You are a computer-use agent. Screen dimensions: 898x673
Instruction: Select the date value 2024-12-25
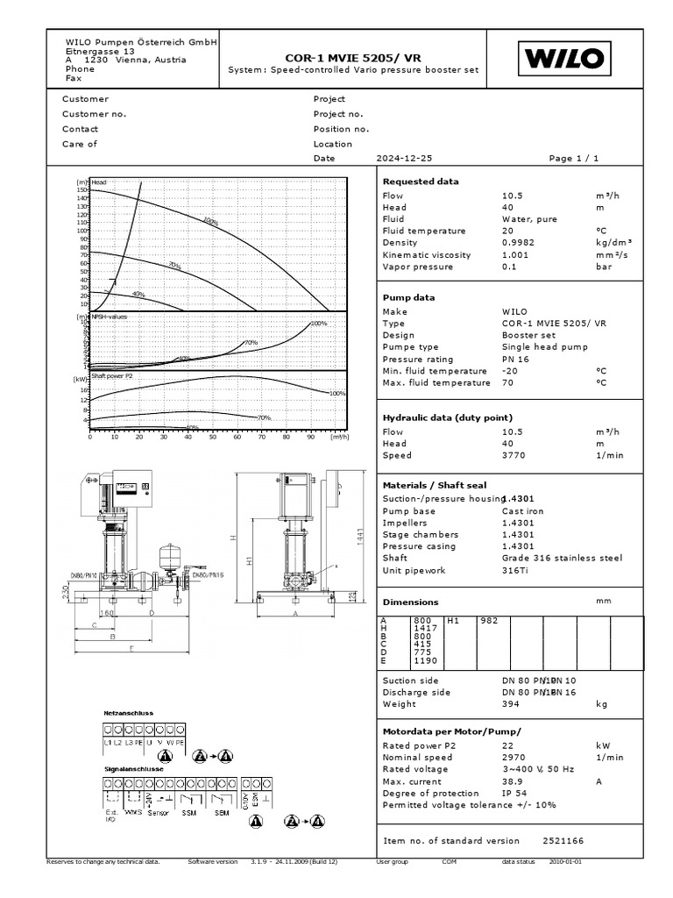click(x=405, y=159)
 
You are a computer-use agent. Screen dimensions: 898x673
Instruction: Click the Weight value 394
click(x=511, y=703)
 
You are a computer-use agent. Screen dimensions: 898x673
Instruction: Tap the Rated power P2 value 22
click(x=507, y=745)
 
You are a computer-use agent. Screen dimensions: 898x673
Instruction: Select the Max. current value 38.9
click(x=512, y=780)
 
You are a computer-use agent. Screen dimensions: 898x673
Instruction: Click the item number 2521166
click(x=563, y=840)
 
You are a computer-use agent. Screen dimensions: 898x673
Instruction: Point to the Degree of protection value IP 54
click(x=514, y=793)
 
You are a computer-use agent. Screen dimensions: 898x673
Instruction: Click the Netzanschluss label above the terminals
click(x=129, y=713)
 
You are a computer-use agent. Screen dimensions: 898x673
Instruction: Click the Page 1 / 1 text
click(x=573, y=159)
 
